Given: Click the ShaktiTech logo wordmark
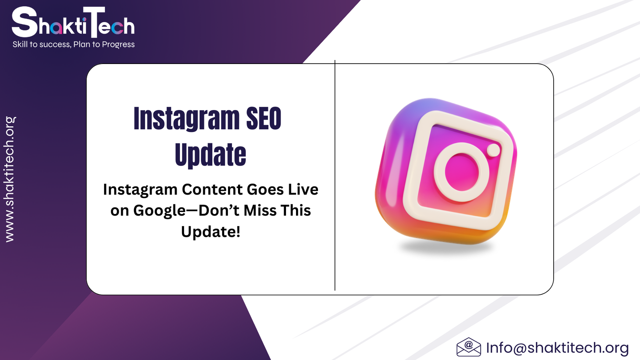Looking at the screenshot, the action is (x=73, y=22).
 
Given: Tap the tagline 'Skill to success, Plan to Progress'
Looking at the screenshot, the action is (x=74, y=44).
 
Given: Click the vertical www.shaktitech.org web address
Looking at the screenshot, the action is (x=10, y=179).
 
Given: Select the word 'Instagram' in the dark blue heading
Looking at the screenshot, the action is (x=186, y=118).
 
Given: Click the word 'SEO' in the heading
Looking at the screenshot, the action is (x=264, y=118).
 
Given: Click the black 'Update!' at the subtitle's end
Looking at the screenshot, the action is (x=210, y=232).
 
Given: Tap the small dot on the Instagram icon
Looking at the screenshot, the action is (x=494, y=150).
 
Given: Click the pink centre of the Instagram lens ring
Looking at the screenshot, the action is (x=462, y=172).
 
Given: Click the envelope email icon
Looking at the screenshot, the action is (x=468, y=347).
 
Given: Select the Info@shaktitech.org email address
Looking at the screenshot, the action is (x=558, y=348).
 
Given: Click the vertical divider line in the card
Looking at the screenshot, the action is (x=335, y=176).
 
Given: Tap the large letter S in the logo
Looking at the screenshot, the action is (x=24, y=22).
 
